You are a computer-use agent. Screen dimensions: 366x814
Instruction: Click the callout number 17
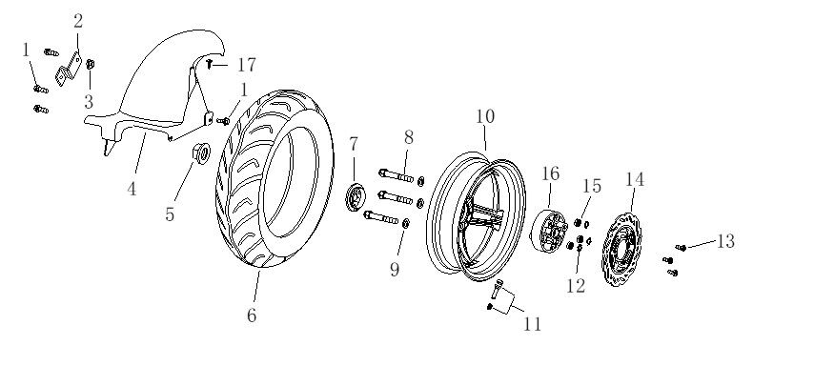(x=246, y=66)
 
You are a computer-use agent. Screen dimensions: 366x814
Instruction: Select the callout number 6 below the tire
(x=252, y=315)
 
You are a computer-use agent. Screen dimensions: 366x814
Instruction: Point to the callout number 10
(x=485, y=116)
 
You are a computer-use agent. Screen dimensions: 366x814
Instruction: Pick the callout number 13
(x=725, y=241)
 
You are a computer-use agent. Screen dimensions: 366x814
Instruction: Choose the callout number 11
(x=532, y=323)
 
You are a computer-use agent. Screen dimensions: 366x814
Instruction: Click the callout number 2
(x=78, y=20)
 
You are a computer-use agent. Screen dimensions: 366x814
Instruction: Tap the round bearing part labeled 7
(x=354, y=197)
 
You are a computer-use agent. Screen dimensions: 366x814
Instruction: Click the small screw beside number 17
(x=210, y=65)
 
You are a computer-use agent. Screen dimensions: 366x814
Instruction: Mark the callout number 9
(x=394, y=270)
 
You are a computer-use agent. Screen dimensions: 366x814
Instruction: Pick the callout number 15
(x=593, y=187)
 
